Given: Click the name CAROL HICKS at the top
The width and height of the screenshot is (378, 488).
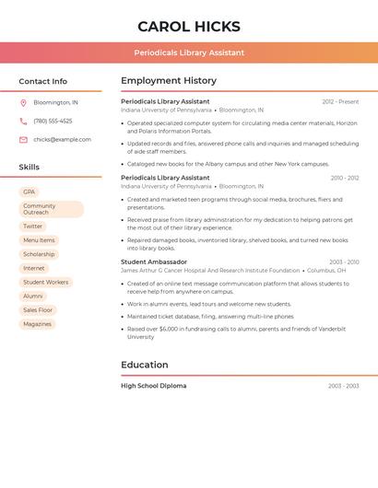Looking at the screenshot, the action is tap(189, 27).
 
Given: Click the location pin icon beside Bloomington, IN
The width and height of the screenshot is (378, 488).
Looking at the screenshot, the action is tap(23, 102).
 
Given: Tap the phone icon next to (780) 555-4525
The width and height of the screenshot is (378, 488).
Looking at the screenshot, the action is tap(23, 121).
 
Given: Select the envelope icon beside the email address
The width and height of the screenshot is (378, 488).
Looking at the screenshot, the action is tap(23, 140).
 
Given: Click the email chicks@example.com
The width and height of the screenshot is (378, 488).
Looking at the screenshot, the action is tap(62, 140).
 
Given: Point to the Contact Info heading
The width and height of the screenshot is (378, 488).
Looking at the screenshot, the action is tap(43, 81).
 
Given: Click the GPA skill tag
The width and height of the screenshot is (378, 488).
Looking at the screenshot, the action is tap(30, 192).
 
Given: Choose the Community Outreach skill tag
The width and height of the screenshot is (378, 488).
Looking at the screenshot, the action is tap(51, 209).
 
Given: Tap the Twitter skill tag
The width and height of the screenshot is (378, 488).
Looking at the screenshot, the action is tap(33, 227).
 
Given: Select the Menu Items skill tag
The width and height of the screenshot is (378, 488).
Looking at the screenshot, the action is tap(39, 240).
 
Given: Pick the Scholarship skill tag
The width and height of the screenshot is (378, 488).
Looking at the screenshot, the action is tap(39, 254).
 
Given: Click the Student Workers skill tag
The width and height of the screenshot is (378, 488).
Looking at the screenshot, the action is tap(45, 283).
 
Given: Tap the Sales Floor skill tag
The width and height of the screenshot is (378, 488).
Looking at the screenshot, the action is tap(38, 310).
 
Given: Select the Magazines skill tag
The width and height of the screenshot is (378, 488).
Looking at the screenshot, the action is tap(38, 324).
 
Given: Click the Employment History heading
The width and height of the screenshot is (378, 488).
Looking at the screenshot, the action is tap(169, 81).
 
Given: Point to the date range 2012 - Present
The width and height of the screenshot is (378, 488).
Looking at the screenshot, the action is tap(340, 101).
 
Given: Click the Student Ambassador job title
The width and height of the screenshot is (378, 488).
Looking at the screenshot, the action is tap(154, 262).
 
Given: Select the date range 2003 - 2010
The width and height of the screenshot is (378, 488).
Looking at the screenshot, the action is tap(344, 262).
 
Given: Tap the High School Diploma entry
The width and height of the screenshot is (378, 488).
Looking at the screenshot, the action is tap(153, 386).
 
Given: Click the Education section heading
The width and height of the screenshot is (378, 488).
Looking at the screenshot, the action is tap(145, 365).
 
